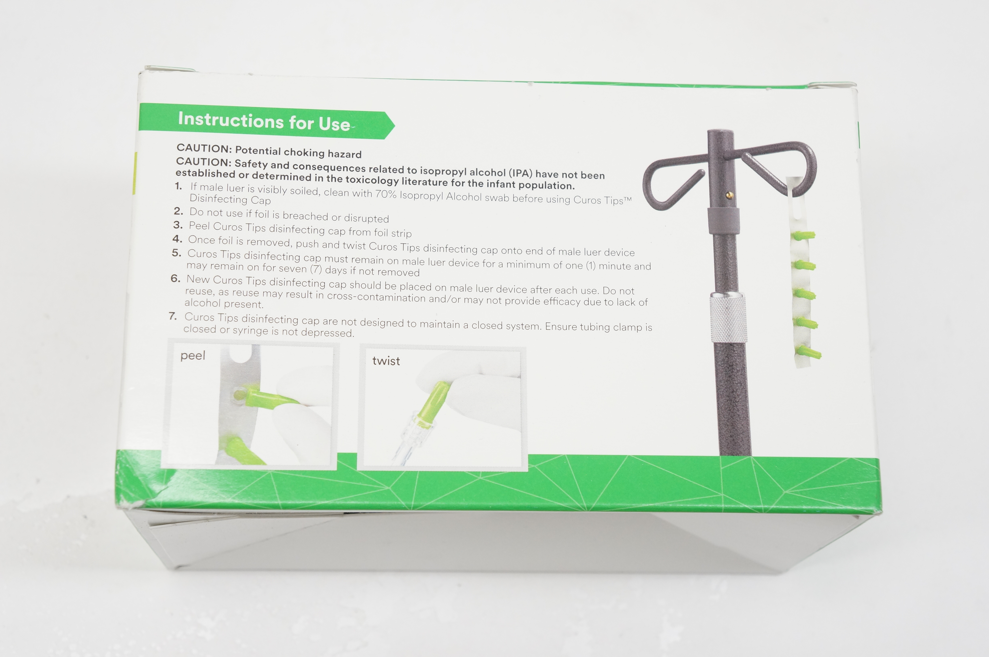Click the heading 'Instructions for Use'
(264, 122)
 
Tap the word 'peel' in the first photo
(193, 356)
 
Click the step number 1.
(179, 186)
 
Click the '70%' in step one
(386, 194)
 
